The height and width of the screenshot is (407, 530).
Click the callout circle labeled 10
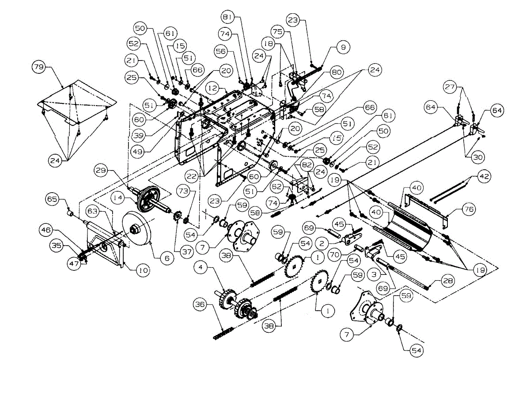[x=142, y=270]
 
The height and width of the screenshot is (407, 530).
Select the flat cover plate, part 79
[x=77, y=102]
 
